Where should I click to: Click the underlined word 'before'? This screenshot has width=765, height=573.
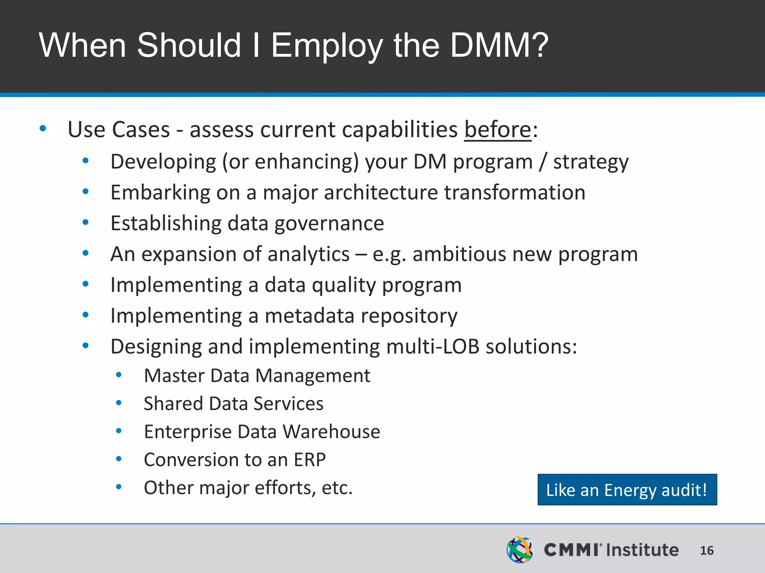click(x=498, y=130)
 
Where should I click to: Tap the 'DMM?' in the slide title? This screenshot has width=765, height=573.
click(x=499, y=45)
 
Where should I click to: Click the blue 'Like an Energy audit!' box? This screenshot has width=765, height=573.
click(x=627, y=490)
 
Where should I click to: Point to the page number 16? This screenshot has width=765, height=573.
click(x=706, y=551)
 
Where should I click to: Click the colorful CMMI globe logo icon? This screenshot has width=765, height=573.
click(x=520, y=549)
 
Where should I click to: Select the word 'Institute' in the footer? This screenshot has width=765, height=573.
click(x=642, y=550)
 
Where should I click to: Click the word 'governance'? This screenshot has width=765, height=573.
click(x=329, y=223)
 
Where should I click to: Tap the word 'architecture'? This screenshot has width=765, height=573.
click(x=381, y=192)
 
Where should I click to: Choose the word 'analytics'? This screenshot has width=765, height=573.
click(x=309, y=254)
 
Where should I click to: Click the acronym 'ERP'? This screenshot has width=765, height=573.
click(x=310, y=460)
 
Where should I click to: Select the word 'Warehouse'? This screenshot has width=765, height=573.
click(x=331, y=432)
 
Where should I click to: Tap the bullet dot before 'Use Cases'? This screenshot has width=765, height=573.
click(x=43, y=129)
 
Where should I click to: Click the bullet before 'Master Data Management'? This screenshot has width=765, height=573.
click(x=119, y=375)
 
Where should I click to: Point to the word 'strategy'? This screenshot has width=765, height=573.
click(x=591, y=162)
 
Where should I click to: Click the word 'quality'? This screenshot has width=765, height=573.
click(x=344, y=285)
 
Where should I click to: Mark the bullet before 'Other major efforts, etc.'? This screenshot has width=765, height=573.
click(x=119, y=487)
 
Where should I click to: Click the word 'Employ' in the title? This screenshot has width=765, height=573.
click(x=327, y=45)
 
